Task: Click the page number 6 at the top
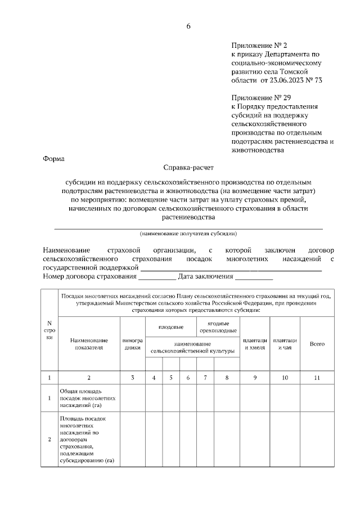click(188, 26)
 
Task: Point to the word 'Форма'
click(53, 159)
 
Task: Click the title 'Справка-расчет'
click(188, 167)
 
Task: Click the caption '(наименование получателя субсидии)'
click(188, 233)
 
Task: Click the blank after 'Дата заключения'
click(254, 277)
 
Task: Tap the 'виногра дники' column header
click(133, 344)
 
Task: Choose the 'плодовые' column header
click(171, 326)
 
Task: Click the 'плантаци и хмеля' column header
click(254, 344)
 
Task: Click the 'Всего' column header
click(317, 344)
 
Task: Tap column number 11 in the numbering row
click(317, 378)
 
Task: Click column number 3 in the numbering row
click(133, 378)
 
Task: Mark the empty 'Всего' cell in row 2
click(317, 440)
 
